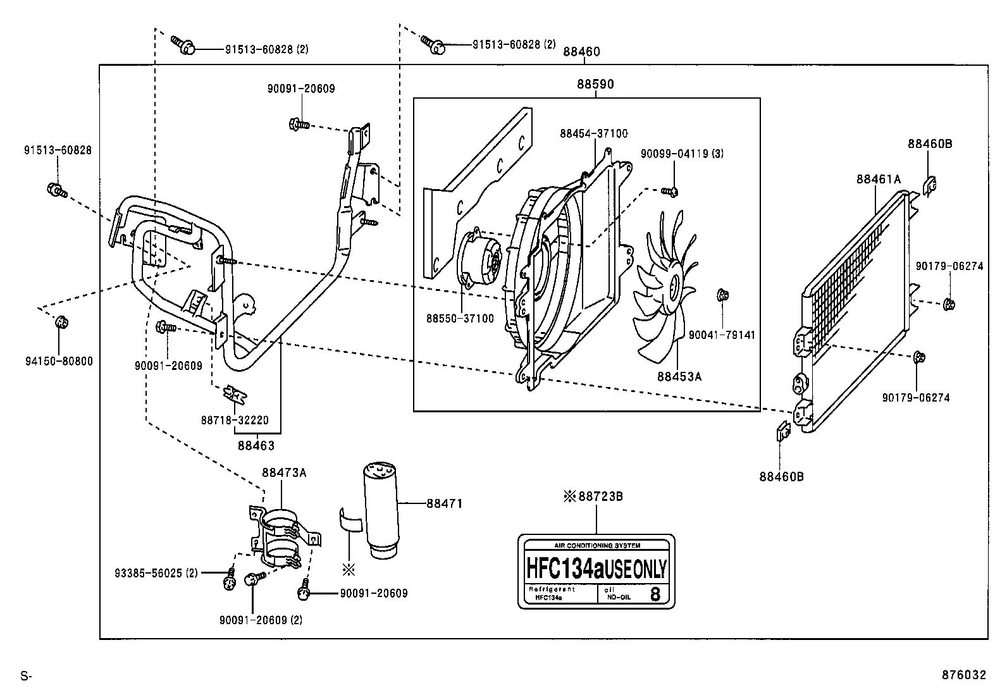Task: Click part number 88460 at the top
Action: point(581,52)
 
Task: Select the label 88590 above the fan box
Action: point(595,84)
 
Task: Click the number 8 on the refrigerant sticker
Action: point(655,594)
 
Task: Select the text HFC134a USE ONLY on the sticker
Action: point(596,569)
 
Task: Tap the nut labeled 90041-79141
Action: point(722,295)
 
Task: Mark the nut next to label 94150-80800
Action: point(61,323)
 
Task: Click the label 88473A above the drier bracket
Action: point(284,472)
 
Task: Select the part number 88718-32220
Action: point(235,420)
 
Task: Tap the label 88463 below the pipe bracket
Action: point(256,445)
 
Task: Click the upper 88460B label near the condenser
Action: point(930,144)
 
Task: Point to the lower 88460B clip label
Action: point(781,476)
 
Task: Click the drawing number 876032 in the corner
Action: point(963,675)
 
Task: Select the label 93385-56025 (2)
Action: point(156,574)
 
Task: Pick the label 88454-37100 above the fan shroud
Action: point(593,133)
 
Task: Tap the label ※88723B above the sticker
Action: point(593,496)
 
